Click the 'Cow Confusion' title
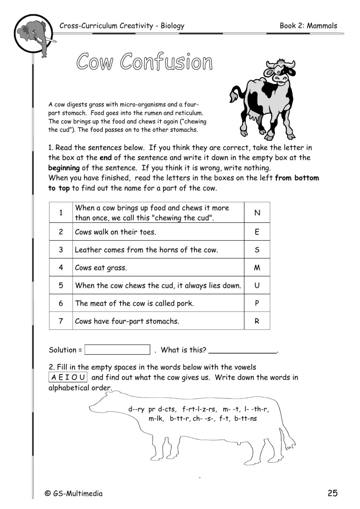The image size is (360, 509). [144, 62]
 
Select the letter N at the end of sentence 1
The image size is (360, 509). [257, 213]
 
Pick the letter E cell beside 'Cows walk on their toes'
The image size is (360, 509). [257, 233]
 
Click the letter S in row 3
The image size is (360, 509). [257, 250]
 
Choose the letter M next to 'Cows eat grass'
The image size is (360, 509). [257, 268]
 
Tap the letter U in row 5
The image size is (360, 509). [257, 285]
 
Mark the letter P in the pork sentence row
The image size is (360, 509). [257, 303]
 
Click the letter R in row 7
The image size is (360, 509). [257, 321]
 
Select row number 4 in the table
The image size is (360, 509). [61, 268]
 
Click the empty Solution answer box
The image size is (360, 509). [117, 350]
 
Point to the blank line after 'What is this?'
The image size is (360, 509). [243, 351]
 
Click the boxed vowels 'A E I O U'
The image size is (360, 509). [68, 377]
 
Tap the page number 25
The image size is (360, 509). [332, 493]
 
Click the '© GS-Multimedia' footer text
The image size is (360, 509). [73, 494]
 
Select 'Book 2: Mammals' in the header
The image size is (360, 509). [308, 26]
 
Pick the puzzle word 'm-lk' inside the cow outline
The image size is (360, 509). [157, 419]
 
